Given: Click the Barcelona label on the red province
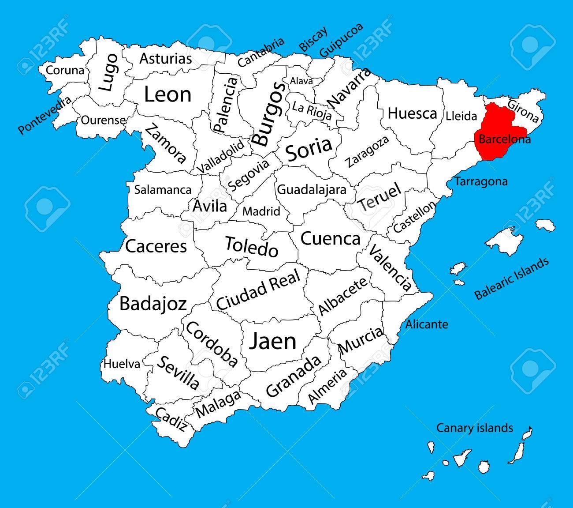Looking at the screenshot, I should pos(505,139).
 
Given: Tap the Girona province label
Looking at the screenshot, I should pos(523,111).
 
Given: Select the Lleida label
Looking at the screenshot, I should pos(461,116).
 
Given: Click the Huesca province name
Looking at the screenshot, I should pos(412,113).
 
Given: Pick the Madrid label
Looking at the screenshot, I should pos(261,211).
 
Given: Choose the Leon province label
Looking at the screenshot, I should pos(167,94).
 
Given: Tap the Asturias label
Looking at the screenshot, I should pos(166,59).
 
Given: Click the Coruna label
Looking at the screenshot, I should pos(65,70).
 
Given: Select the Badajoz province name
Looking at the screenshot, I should pos(153,304).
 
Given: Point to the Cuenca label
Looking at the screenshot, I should pos(330,239).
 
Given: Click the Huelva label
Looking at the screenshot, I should pos(122,364).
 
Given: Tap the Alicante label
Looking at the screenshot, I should pos(427,324).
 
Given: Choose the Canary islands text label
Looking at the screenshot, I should pos(474,428).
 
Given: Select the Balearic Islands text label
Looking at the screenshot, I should pos(512,278).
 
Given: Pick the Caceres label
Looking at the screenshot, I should pos(156,246).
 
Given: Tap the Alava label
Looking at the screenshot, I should pos(301,81).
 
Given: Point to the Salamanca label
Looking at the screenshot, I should pos(163,190).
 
